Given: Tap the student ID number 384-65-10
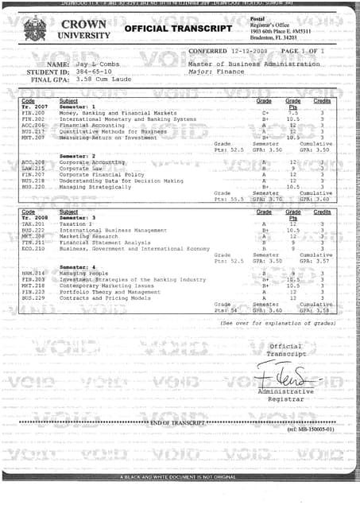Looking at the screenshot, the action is tap(95, 71).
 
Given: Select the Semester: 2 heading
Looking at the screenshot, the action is tap(77, 156).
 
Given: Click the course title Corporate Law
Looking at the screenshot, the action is tap(79, 168).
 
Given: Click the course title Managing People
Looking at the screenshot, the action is tap(83, 273).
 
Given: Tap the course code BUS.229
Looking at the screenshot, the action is tap(33, 297).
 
